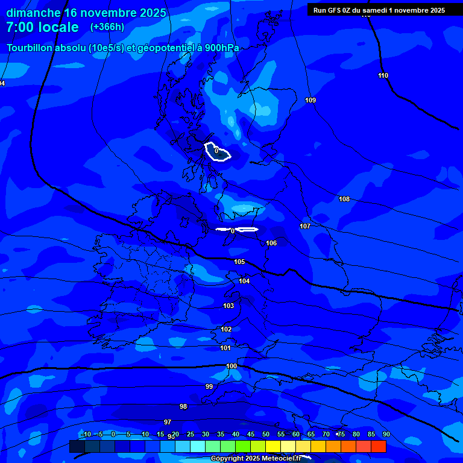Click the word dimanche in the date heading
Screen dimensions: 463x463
tap(34, 13)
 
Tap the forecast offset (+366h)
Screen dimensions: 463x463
tap(107, 27)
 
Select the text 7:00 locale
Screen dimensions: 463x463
tap(42, 27)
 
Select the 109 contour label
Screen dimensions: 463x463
tap(310, 100)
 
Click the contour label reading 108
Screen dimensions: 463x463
tap(344, 199)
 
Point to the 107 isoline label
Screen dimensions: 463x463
tap(305, 226)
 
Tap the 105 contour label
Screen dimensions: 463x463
tap(239, 262)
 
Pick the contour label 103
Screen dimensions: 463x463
tap(228, 306)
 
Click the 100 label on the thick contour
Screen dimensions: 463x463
tap(231, 366)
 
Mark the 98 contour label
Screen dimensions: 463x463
tap(183, 406)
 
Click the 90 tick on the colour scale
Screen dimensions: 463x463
tap(386, 435)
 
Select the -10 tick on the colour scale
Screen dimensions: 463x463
tap(86, 435)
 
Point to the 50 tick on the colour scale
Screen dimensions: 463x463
tap(266, 435)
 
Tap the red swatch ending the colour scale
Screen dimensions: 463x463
tap(378, 446)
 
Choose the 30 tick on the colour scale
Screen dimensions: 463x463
tap(206, 435)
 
